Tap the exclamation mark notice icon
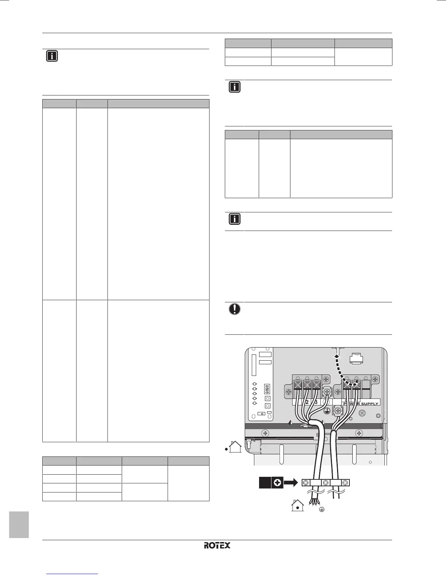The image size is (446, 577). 235,309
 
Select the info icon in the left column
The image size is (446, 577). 52,56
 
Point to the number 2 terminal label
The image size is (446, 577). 307,402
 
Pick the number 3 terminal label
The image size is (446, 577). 316,402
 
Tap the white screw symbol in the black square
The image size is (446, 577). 278,483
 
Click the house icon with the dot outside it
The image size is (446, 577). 233,447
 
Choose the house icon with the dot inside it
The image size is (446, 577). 297,506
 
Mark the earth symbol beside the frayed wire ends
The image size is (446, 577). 321,510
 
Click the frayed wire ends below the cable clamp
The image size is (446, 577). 313,503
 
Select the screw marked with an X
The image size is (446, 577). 362,413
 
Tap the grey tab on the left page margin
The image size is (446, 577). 19,525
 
